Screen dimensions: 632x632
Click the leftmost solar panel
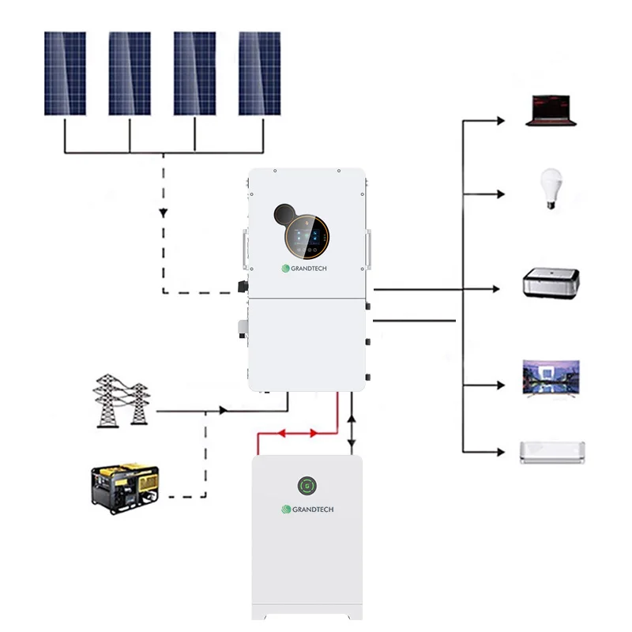point(65,73)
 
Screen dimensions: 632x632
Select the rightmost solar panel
point(259,73)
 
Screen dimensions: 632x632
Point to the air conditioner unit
point(551,452)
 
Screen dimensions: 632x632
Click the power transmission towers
point(121,401)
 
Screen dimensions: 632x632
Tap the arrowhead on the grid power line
point(224,411)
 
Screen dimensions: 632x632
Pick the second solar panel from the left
point(130,73)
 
